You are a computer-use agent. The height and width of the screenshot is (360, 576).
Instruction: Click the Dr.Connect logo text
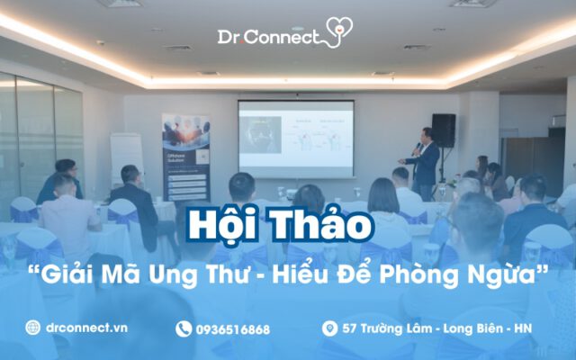point(267,37)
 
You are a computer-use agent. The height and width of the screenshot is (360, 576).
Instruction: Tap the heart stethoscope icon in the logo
point(338,31)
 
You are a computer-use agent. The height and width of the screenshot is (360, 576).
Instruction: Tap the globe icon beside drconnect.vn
point(33,328)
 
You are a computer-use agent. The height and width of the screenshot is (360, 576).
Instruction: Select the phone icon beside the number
point(184,329)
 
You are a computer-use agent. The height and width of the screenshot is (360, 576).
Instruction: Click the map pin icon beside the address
point(328,329)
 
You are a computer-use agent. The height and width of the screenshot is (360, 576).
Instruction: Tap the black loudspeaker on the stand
point(443,130)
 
